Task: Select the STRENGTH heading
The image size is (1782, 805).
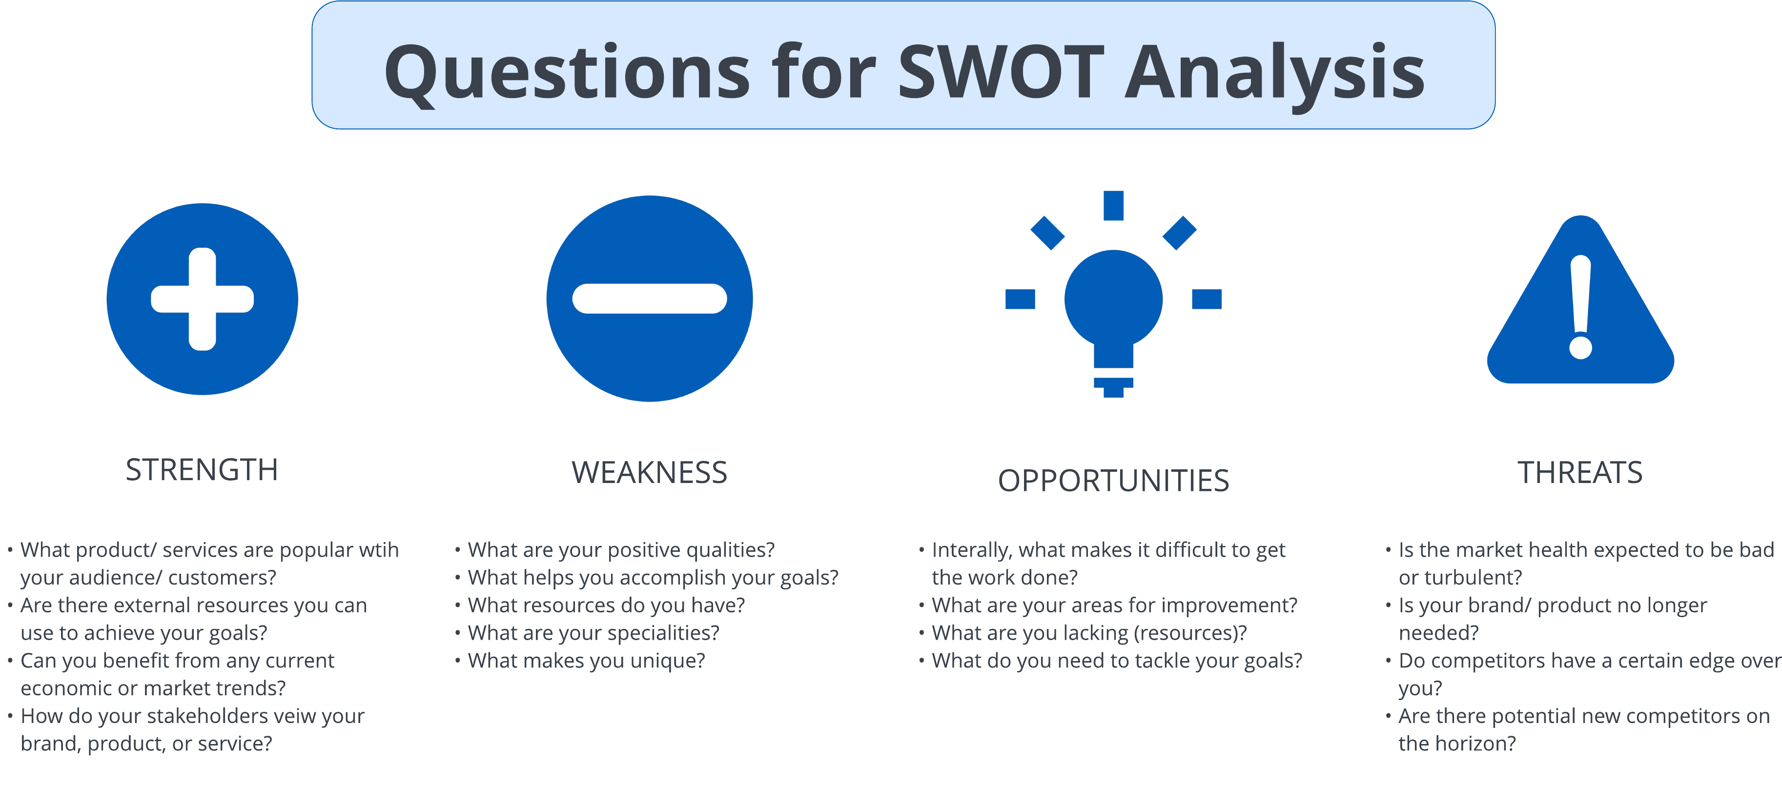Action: click(x=202, y=470)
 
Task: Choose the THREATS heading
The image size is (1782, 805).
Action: click(x=1580, y=473)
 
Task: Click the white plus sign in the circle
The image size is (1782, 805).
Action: click(x=203, y=299)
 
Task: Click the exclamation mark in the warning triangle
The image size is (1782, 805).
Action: click(x=1581, y=307)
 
